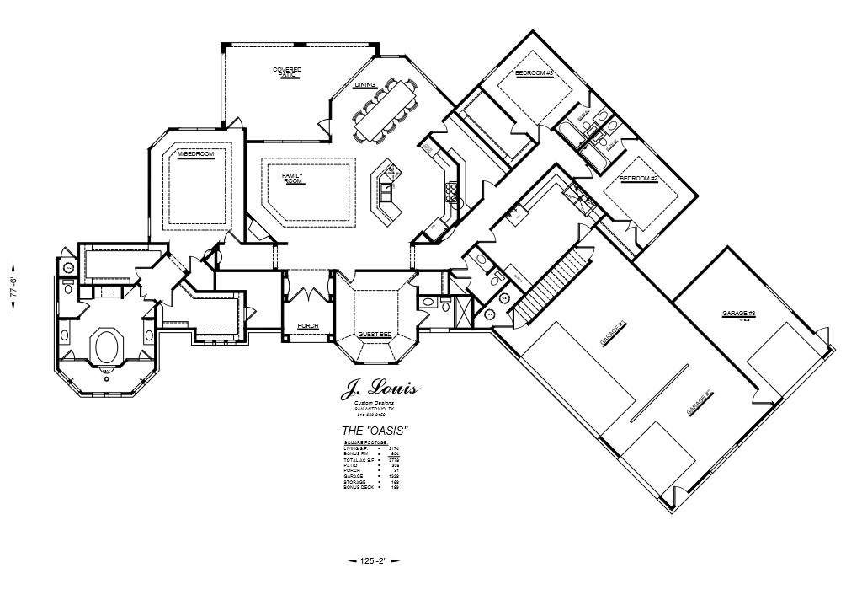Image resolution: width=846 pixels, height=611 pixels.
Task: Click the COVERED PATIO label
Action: click(x=287, y=72)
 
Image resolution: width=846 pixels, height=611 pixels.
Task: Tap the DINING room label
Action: click(x=364, y=85)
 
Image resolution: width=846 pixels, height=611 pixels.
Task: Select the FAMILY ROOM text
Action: click(x=292, y=178)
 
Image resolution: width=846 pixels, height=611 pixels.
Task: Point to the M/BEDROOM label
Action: click(x=195, y=155)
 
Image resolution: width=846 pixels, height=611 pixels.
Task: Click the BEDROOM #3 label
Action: click(x=534, y=74)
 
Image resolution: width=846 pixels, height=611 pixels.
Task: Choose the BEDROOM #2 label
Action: click(x=638, y=179)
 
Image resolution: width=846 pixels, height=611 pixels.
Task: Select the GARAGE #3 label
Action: click(x=739, y=314)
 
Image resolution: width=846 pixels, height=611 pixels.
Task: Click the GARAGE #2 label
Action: click(x=700, y=402)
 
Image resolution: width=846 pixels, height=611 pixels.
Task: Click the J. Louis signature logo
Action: click(x=379, y=391)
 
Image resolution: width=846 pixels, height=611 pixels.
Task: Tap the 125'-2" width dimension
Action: click(x=372, y=560)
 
